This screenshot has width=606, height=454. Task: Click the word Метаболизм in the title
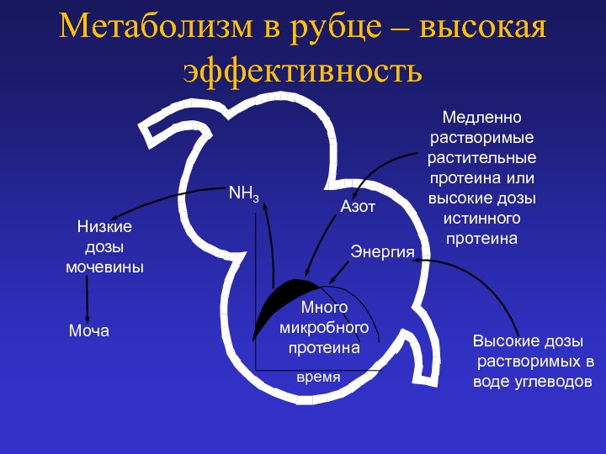[156, 26]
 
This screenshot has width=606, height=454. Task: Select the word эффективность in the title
[303, 71]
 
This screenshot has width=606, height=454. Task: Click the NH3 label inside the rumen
[243, 193]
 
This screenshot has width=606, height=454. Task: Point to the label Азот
[358, 207]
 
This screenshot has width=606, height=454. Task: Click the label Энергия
[382, 252]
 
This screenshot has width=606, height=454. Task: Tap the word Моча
[89, 331]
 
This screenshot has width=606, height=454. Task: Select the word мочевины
[104, 267]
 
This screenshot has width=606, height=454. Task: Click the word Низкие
[104, 226]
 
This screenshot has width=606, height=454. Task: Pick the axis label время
[318, 377]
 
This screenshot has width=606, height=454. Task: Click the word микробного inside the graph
[324, 328]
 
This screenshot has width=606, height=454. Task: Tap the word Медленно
[482, 118]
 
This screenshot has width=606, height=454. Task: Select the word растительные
[482, 158]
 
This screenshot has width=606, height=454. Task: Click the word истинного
[482, 219]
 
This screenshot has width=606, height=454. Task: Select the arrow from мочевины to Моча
[87, 299]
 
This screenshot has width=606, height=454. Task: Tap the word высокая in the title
[483, 27]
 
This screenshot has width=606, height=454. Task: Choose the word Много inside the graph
[324, 308]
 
